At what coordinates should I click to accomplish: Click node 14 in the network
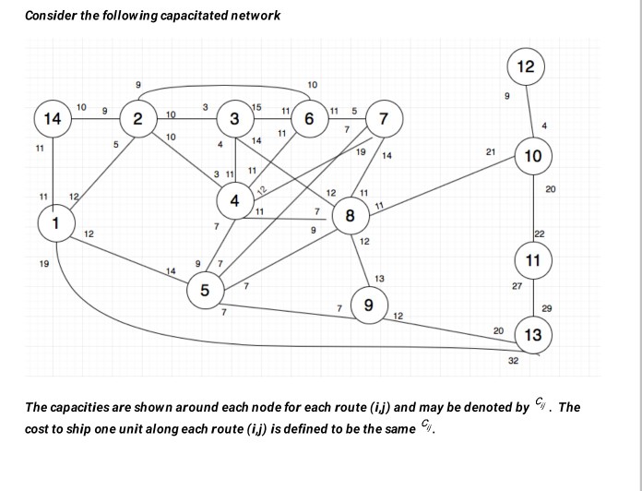53,119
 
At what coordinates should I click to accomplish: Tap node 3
235,119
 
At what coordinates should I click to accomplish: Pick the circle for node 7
384,119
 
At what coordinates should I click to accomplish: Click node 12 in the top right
525,67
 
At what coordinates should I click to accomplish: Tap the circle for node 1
56,223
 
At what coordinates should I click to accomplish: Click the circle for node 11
532,261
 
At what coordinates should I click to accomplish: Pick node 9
369,305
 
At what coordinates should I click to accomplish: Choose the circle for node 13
532,334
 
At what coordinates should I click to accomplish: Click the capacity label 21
491,150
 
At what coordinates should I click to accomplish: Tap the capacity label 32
514,361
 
